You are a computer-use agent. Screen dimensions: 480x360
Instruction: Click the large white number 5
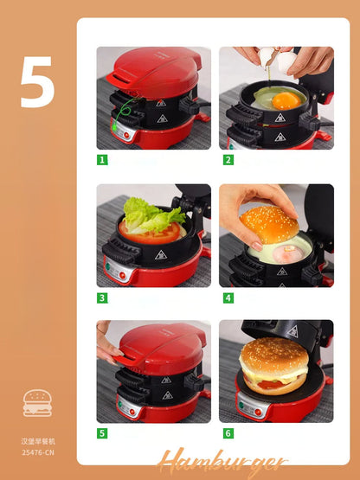(x=37, y=82)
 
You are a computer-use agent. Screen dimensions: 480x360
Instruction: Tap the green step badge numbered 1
(x=102, y=160)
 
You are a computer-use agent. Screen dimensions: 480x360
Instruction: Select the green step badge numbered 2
(x=228, y=160)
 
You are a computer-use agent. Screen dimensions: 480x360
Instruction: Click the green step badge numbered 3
(x=102, y=298)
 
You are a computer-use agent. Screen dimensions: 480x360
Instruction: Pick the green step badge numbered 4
(x=228, y=298)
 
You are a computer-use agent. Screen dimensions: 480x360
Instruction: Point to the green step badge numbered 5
(x=102, y=433)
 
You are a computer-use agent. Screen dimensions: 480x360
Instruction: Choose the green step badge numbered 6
(x=228, y=433)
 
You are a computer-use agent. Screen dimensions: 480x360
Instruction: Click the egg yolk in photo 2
(x=285, y=100)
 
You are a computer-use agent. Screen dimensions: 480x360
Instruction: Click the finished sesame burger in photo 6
(x=273, y=368)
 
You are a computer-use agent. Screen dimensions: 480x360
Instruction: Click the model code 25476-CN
(x=37, y=451)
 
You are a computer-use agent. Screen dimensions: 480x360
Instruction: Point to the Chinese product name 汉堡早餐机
(x=37, y=441)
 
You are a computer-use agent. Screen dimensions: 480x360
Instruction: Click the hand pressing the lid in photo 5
(x=106, y=343)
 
